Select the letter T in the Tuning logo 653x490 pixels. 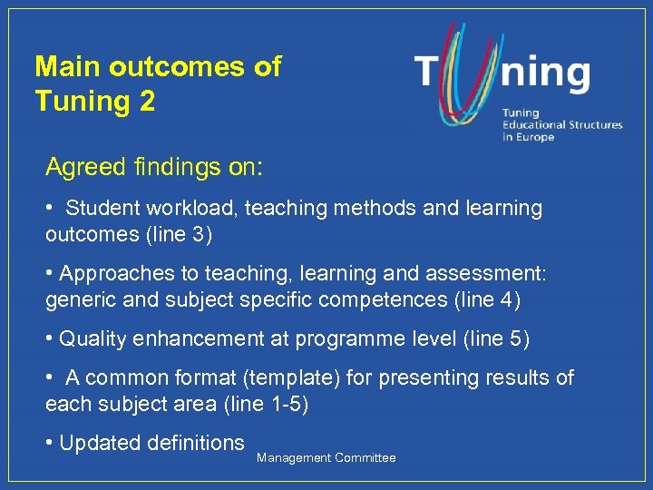tap(430, 73)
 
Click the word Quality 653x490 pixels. tap(93, 339)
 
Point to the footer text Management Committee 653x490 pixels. tap(326, 458)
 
